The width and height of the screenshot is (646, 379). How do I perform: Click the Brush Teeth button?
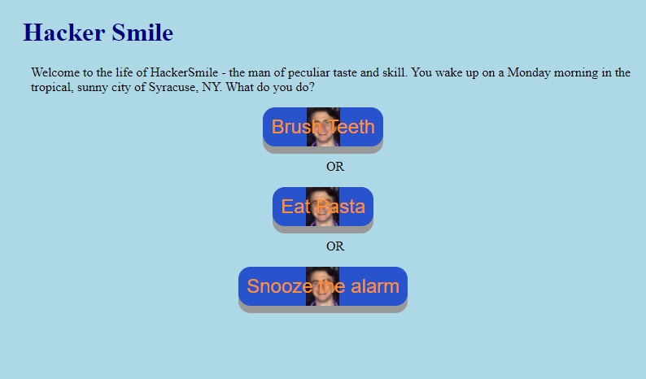322,127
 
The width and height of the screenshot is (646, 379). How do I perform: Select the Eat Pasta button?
322,207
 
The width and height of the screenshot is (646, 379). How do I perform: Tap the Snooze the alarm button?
322,286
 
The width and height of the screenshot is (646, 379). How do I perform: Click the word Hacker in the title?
63,33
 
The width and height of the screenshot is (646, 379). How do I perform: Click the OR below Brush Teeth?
335,167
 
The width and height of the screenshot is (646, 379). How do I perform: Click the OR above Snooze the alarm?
335,246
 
